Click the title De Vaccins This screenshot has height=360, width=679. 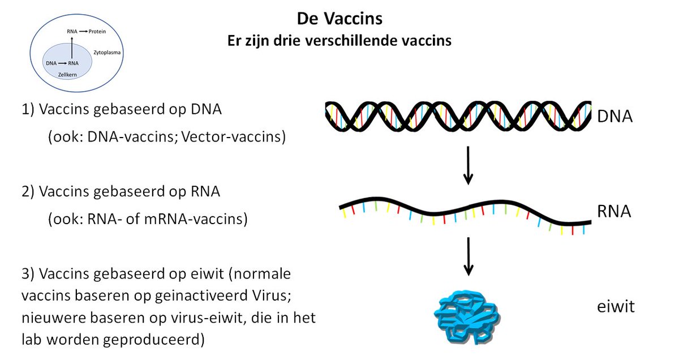(x=339, y=19)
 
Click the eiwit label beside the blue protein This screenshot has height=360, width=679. (x=616, y=307)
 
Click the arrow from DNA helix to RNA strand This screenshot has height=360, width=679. (x=468, y=165)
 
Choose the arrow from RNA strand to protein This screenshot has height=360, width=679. (x=468, y=256)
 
